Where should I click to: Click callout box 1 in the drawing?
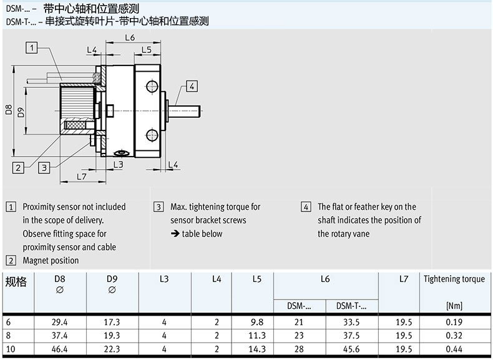click(x=32, y=47)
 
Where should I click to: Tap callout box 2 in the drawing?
click(x=19, y=167)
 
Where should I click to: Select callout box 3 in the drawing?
click(x=44, y=167)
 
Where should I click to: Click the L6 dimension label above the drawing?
click(x=130, y=38)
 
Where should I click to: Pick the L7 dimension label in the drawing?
click(x=82, y=177)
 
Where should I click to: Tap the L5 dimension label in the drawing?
click(x=146, y=49)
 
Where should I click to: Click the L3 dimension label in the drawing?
click(x=118, y=164)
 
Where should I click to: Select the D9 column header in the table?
click(x=112, y=279)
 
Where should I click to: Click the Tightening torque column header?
click(x=454, y=279)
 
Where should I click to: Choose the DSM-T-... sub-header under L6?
click(x=351, y=306)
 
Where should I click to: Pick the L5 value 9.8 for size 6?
click(x=256, y=322)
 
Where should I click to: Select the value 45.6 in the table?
click(x=351, y=349)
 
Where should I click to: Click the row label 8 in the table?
click(x=8, y=336)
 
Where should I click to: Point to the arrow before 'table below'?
click(x=175, y=234)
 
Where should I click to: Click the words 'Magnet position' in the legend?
click(x=51, y=260)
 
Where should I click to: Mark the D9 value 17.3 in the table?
click(x=112, y=322)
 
